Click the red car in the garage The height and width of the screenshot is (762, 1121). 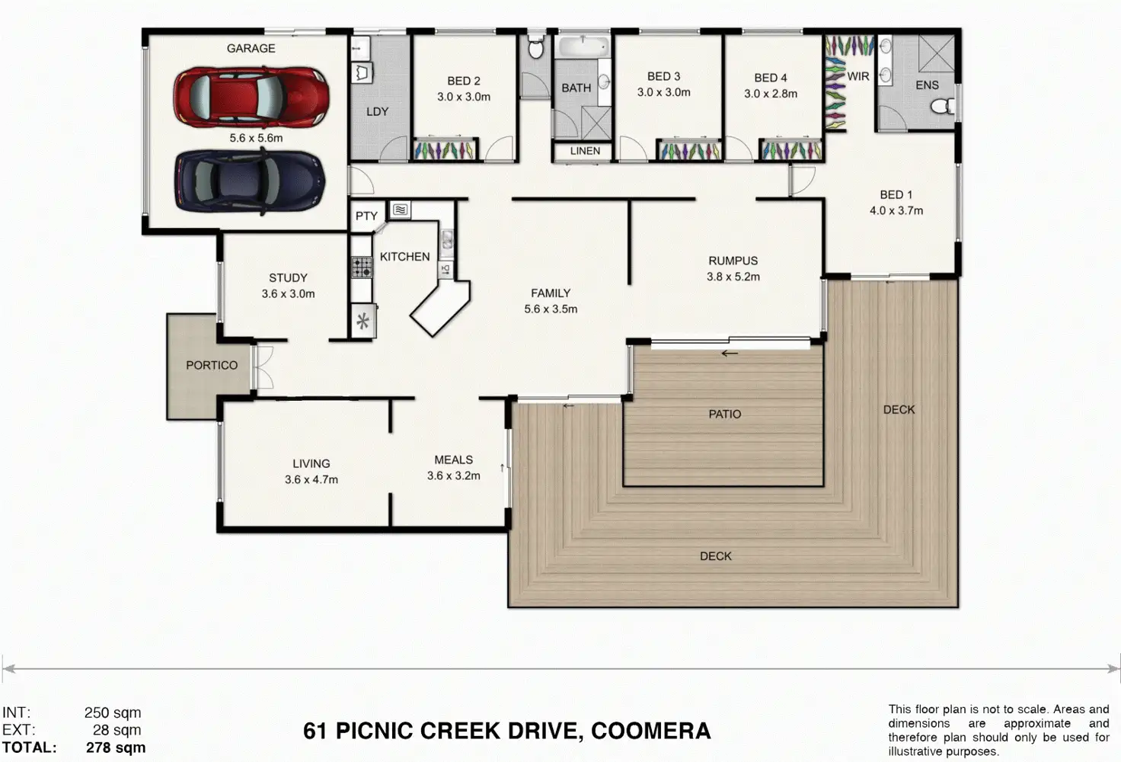click(x=252, y=98)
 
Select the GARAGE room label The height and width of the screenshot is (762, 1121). click(x=251, y=49)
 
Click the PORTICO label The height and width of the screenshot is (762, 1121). click(x=212, y=366)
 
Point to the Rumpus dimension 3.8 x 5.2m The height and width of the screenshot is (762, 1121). click(x=733, y=277)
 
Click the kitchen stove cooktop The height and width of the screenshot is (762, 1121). click(x=361, y=267)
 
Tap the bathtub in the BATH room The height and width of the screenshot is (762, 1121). click(x=583, y=46)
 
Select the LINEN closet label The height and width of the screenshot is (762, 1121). click(x=585, y=151)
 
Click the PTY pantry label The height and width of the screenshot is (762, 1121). click(x=366, y=216)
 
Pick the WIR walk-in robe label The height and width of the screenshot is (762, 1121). click(x=858, y=77)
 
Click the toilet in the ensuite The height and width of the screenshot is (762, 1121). click(x=942, y=106)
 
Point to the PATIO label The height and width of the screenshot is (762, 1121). click(x=725, y=414)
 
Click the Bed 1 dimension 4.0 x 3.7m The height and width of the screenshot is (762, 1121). click(x=896, y=211)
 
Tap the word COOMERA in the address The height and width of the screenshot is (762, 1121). click(x=650, y=731)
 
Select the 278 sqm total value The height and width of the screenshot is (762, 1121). click(x=116, y=748)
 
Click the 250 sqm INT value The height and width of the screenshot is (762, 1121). click(x=113, y=712)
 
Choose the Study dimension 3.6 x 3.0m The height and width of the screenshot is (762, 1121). click(x=289, y=294)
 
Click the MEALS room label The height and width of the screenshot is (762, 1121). click(x=453, y=459)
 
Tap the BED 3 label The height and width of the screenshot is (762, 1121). click(x=663, y=77)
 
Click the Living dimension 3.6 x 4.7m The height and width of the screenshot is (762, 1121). click(x=311, y=479)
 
